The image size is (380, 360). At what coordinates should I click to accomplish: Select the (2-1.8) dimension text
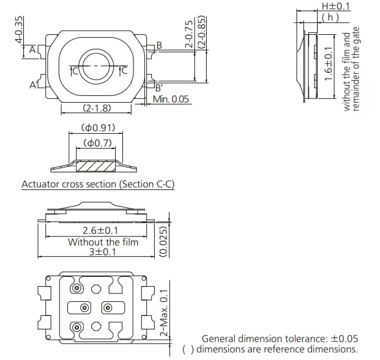[x=96, y=109]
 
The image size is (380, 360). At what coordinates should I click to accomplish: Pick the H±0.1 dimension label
[x=336, y=6]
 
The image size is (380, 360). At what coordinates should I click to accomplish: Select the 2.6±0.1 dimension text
[x=100, y=231]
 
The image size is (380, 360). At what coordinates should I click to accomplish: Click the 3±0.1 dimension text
[x=102, y=252]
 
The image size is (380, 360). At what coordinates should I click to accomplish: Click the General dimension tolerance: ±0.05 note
[x=280, y=338]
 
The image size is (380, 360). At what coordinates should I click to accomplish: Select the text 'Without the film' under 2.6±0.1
[x=103, y=241]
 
